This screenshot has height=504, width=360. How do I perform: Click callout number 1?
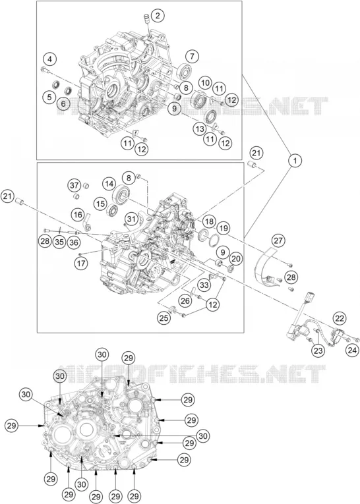(x=295, y=160)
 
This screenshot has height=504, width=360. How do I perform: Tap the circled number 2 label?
(x=158, y=16)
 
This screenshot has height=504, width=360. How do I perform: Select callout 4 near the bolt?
(x=49, y=59)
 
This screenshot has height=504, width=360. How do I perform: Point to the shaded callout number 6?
(x=63, y=103)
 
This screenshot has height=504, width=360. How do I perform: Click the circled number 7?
(x=192, y=57)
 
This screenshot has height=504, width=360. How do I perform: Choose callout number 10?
(x=205, y=82)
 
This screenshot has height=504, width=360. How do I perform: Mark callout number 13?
(x=200, y=129)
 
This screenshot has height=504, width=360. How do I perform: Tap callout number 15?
(x=101, y=204)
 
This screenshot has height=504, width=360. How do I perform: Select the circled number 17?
(x=80, y=264)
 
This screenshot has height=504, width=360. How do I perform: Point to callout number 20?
(x=236, y=258)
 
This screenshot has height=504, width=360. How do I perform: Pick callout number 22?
(x=340, y=318)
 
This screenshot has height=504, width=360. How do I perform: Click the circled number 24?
(x=352, y=350)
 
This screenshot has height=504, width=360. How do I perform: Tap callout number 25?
(x=164, y=318)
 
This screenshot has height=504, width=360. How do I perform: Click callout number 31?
(x=131, y=219)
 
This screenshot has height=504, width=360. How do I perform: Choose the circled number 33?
(x=204, y=285)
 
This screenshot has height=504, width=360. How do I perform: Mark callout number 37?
(x=75, y=186)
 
